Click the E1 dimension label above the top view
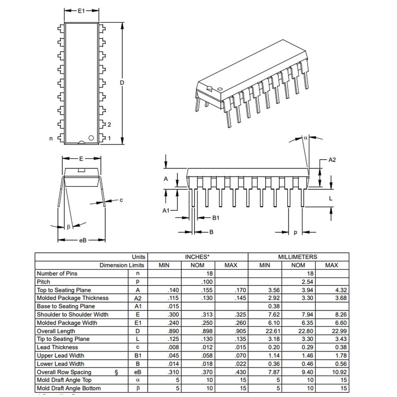81,11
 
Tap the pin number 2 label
109,124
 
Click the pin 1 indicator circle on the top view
91,138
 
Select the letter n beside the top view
51,139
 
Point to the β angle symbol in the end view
68,227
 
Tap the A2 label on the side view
332,160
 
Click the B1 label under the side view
216,217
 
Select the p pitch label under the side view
295,232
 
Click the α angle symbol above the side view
305,138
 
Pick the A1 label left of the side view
166,210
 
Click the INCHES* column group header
197,257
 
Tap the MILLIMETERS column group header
298,257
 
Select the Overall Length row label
56,331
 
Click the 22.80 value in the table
298,331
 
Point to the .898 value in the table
207,331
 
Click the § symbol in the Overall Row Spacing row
116,372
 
